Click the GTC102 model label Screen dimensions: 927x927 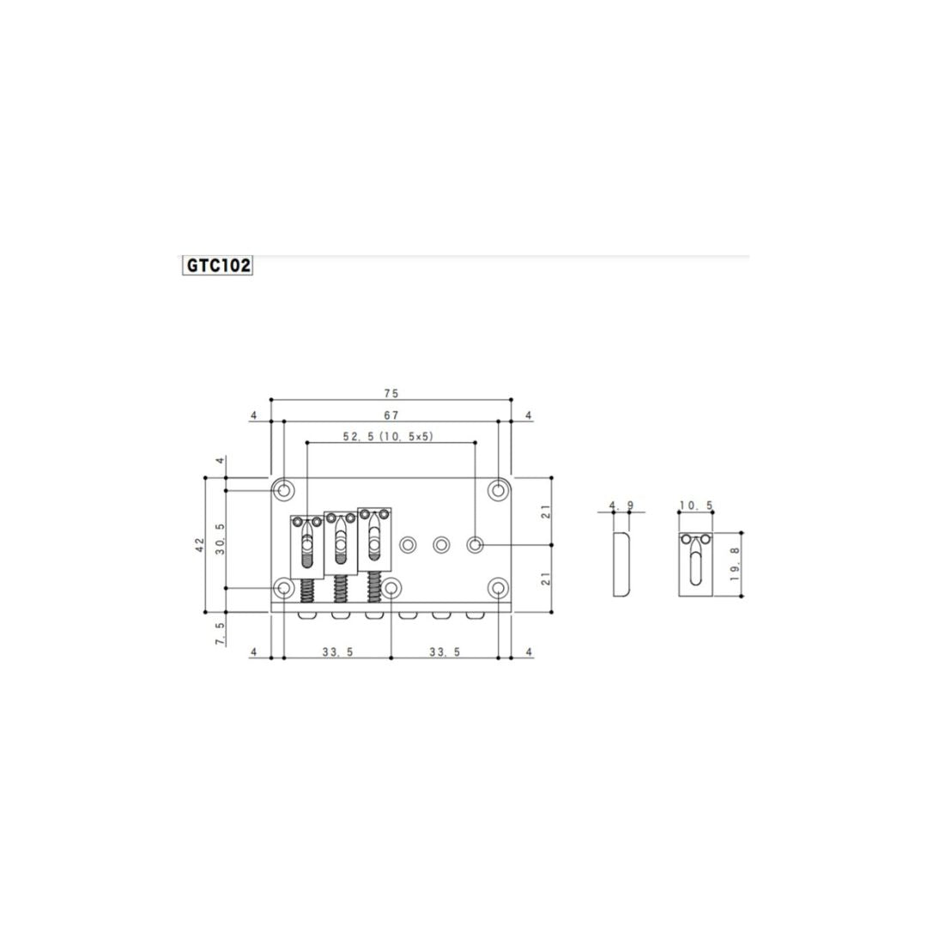coord(218,265)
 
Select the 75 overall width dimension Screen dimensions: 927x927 coord(391,393)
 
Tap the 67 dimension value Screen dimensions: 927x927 coord(391,415)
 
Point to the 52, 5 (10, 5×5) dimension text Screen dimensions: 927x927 coord(388,436)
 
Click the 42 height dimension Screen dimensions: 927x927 coord(199,544)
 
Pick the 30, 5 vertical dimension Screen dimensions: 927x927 coord(220,538)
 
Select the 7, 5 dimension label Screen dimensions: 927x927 coord(220,633)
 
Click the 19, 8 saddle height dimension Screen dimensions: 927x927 coord(735,563)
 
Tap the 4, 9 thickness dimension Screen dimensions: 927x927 coord(621,506)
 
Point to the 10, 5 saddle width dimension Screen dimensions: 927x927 coord(696,506)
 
